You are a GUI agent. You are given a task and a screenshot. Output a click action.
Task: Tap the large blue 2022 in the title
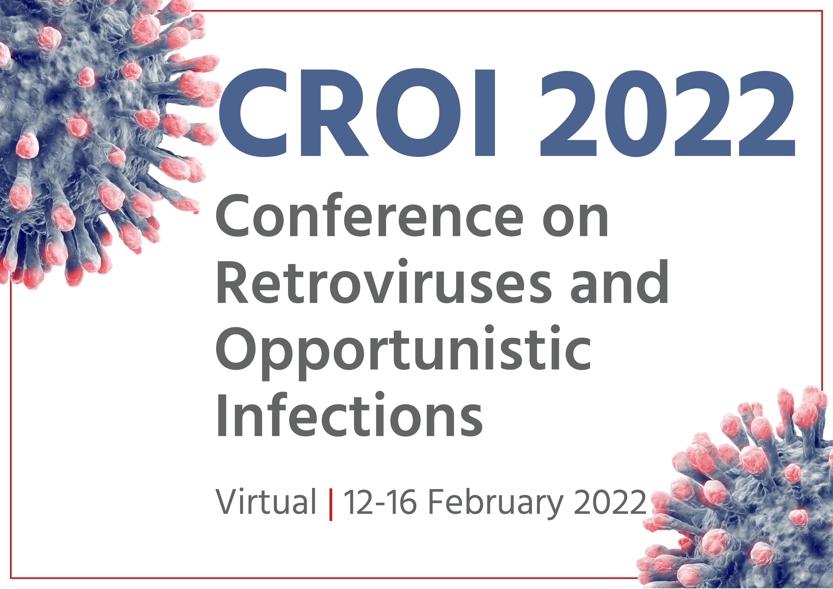coord(667,113)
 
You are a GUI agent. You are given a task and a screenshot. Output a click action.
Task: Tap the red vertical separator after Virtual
coord(330,504)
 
